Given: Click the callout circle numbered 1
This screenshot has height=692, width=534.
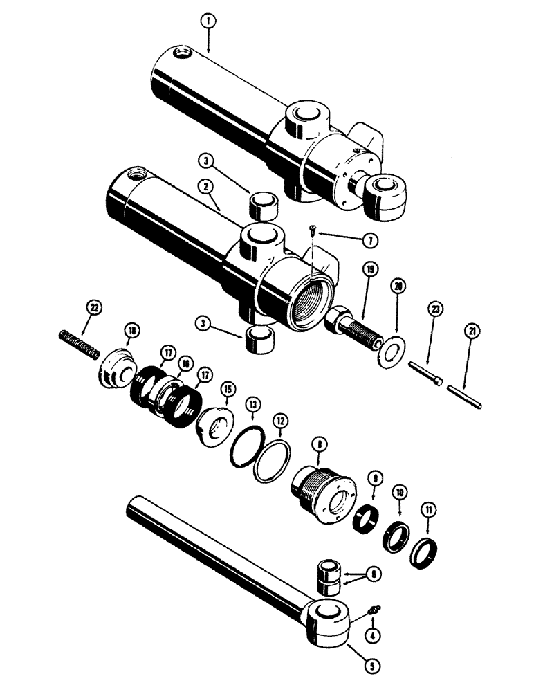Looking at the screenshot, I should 207,21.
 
